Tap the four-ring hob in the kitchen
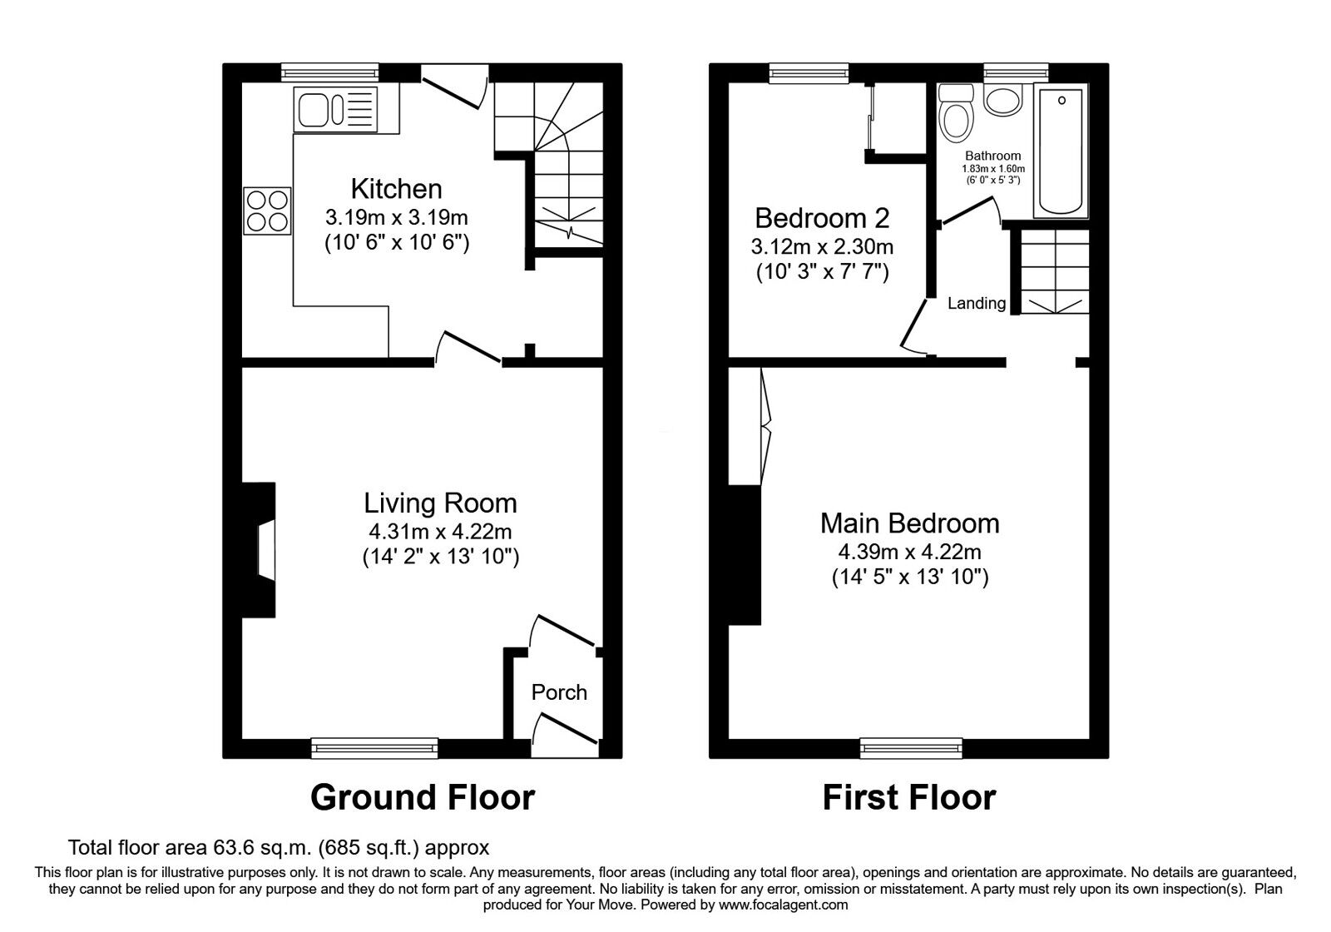coord(267,211)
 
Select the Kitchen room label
coord(396,189)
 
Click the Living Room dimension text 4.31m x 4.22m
coord(440,531)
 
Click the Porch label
coord(559,692)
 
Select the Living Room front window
coord(374,749)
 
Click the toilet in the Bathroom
coord(955,119)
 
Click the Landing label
coord(977,304)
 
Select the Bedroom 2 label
coord(821,218)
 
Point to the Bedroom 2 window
coord(809,73)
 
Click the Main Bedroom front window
coord(911,749)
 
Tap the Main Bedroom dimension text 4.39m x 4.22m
coord(909,551)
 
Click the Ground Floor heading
coord(422,797)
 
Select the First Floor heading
coord(908,797)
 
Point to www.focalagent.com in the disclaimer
coord(783,905)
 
